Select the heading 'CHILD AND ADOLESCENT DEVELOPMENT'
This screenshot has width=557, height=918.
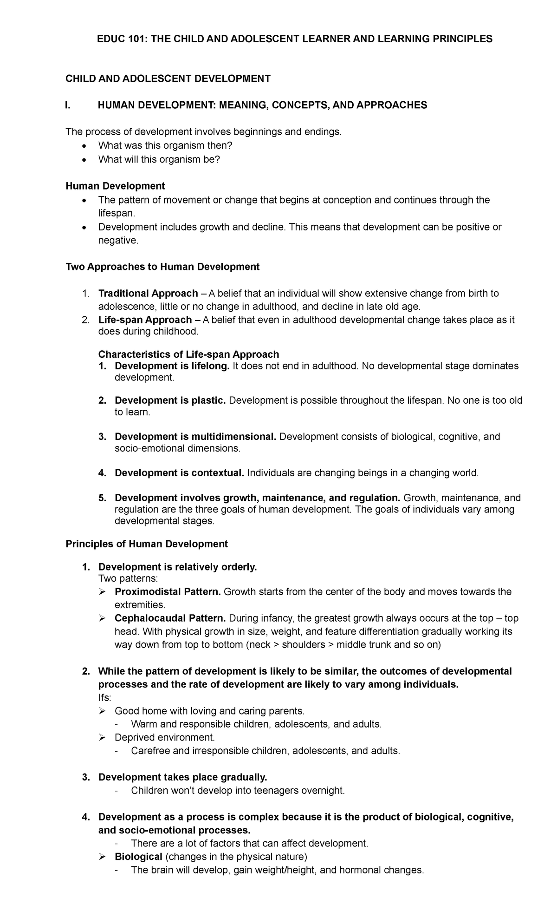168,79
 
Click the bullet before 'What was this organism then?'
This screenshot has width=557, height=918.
84,146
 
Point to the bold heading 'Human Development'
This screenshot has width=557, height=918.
115,186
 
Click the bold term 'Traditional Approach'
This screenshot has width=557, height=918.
148,294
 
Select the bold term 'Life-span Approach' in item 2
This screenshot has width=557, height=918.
145,320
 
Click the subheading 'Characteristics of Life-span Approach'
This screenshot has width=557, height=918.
188,354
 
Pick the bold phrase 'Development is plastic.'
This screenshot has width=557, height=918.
170,400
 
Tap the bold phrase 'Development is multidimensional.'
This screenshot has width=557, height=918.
195,437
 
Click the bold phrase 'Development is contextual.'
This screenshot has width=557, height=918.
179,473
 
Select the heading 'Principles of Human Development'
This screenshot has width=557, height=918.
147,544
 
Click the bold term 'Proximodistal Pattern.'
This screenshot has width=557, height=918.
168,592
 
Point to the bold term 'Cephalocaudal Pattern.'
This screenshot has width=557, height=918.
170,618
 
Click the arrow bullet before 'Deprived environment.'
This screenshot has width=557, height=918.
103,738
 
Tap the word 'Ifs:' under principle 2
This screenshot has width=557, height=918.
105,698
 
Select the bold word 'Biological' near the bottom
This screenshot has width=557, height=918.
138,857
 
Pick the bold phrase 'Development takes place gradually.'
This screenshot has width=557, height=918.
183,777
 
